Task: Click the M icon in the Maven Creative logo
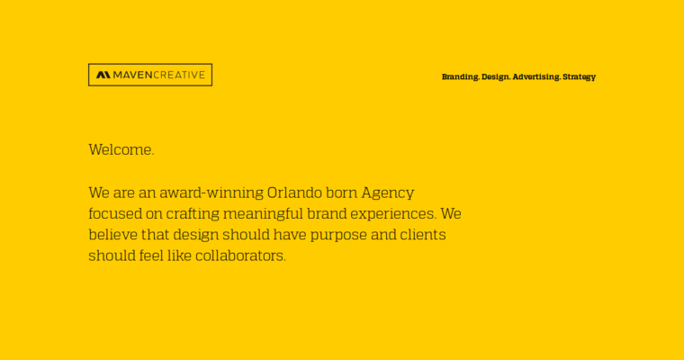[103, 75]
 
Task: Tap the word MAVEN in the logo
[132, 75]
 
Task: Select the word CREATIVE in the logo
[179, 75]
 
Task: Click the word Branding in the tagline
[460, 77]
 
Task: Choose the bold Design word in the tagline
[495, 77]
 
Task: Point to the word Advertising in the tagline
[536, 77]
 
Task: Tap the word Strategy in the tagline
[579, 77]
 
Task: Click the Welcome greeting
[121, 150]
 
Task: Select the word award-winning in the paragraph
[211, 193]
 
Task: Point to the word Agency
[388, 193]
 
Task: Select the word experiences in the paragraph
[393, 214]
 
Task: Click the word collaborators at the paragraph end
[240, 256]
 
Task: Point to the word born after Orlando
[343, 193]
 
